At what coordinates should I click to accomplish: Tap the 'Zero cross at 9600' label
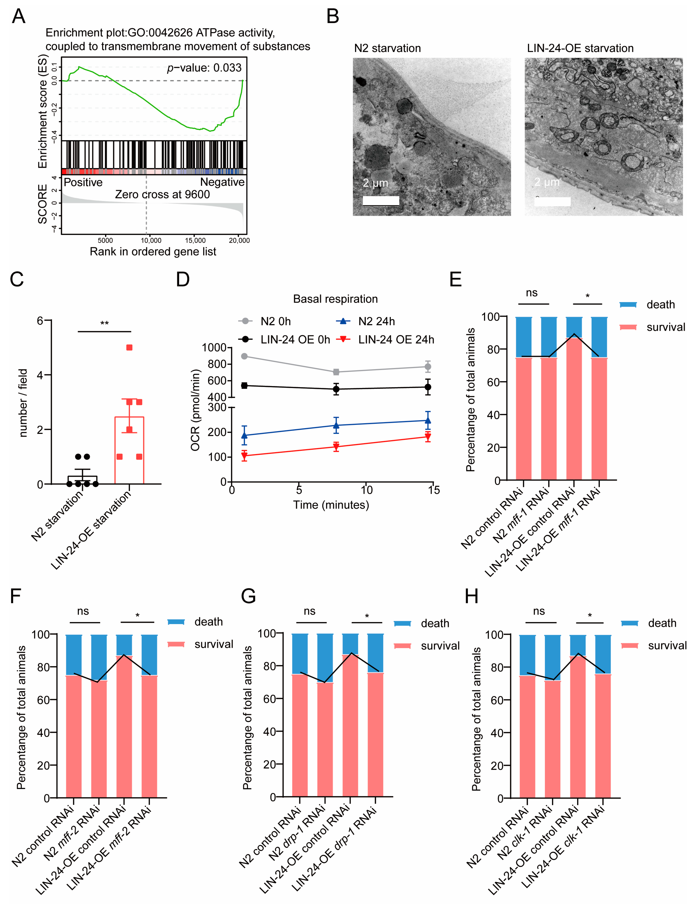(162, 195)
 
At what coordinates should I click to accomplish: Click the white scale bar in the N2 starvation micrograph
(380, 201)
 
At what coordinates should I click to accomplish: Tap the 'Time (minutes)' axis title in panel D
(331, 505)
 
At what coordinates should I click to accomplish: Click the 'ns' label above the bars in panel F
(83, 611)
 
